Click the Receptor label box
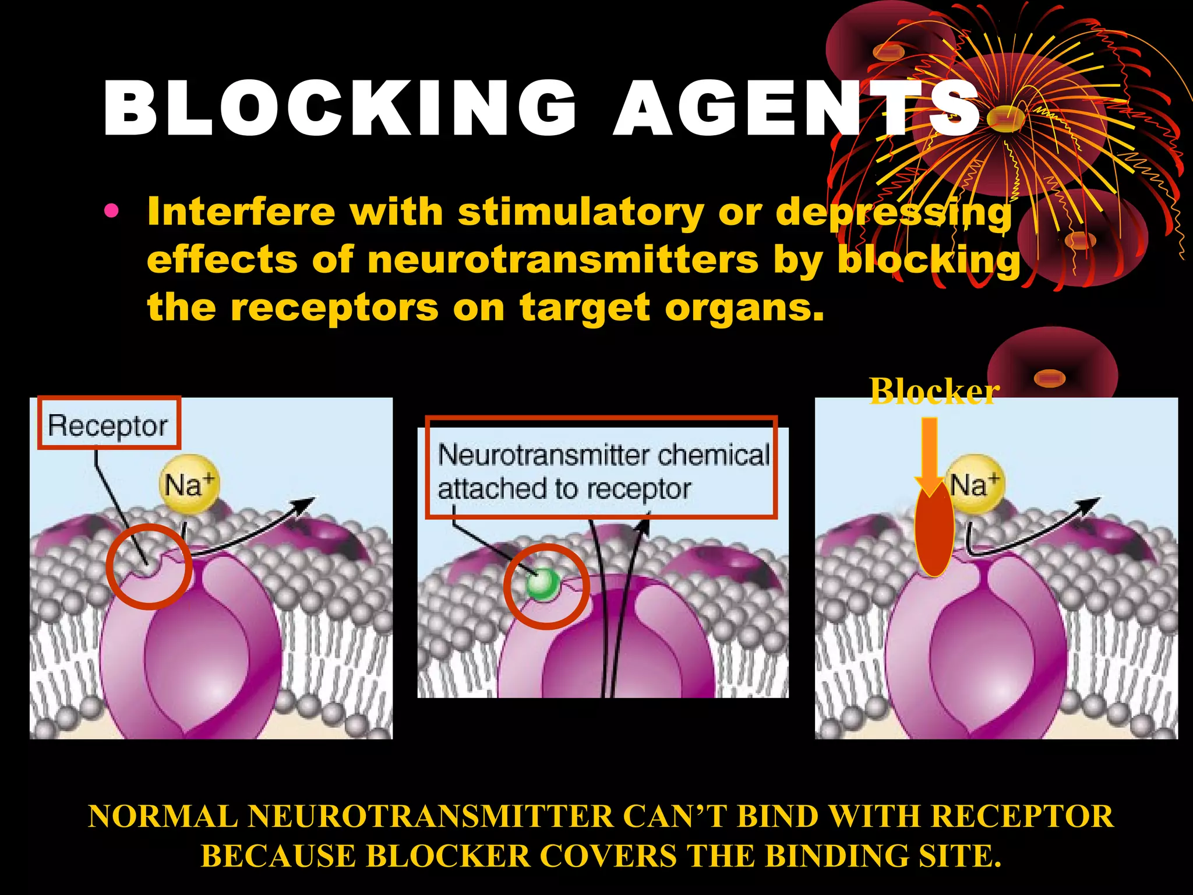108,424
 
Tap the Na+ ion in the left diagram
189,484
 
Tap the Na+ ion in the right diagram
974,484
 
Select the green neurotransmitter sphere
542,583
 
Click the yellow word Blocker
934,391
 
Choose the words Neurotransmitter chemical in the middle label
603,454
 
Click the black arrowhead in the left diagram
306,505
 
